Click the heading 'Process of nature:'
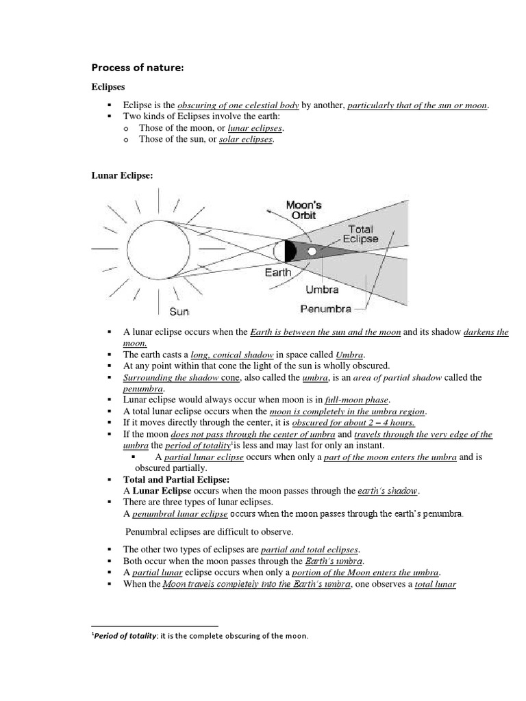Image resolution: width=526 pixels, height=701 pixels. tap(138, 67)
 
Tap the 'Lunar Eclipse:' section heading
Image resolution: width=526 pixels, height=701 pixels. tap(123, 175)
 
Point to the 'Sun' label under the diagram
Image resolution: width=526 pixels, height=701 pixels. tap(179, 311)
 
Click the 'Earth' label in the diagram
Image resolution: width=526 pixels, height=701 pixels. tap(278, 272)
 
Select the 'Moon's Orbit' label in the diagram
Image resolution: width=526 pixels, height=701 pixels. tap(303, 210)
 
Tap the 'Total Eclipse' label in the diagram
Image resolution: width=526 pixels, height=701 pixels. tap(360, 234)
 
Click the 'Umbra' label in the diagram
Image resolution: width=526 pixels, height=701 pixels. tap(322, 290)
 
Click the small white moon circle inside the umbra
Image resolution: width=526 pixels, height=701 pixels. tap(312, 251)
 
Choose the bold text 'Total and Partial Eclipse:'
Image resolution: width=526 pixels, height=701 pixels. tap(176, 479)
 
